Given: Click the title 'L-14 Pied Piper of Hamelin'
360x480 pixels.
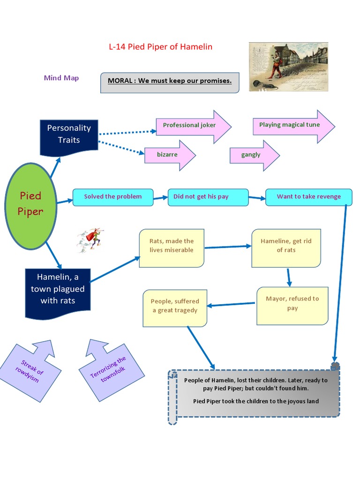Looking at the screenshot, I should [x=161, y=46].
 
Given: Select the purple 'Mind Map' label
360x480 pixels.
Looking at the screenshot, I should [x=61, y=78].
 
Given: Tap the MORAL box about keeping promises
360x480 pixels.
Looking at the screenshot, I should [x=170, y=82].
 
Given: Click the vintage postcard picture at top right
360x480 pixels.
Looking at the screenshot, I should [x=288, y=67].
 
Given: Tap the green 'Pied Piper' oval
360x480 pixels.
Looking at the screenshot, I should [x=30, y=203].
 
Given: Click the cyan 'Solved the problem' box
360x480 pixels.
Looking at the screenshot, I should [x=113, y=197].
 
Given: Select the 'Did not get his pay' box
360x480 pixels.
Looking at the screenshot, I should [x=201, y=197].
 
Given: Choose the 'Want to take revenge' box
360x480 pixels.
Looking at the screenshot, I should [x=308, y=197].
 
